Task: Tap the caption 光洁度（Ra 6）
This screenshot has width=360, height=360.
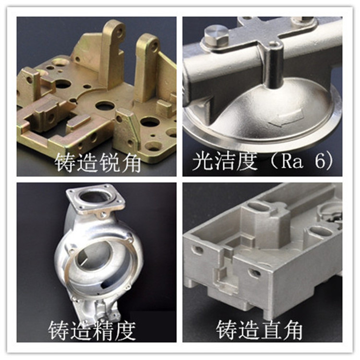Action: coord(263,161)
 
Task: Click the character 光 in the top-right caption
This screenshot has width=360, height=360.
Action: coord(202,161)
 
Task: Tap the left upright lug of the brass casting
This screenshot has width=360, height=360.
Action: coord(112,53)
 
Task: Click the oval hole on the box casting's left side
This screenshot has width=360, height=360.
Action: coord(197,250)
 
